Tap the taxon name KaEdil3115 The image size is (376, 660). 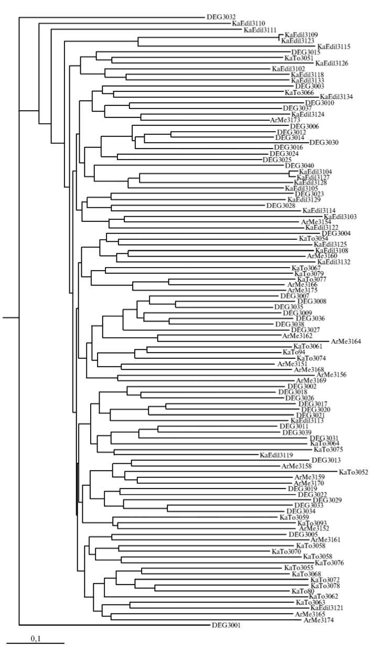pos(335,47)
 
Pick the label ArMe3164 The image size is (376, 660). pos(346,342)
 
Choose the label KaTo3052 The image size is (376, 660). pos(353,472)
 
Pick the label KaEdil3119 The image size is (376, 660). pos(276,455)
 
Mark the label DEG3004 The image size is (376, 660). pos(336,233)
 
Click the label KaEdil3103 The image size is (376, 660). pos(340,217)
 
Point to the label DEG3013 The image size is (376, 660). pos(326,461)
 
